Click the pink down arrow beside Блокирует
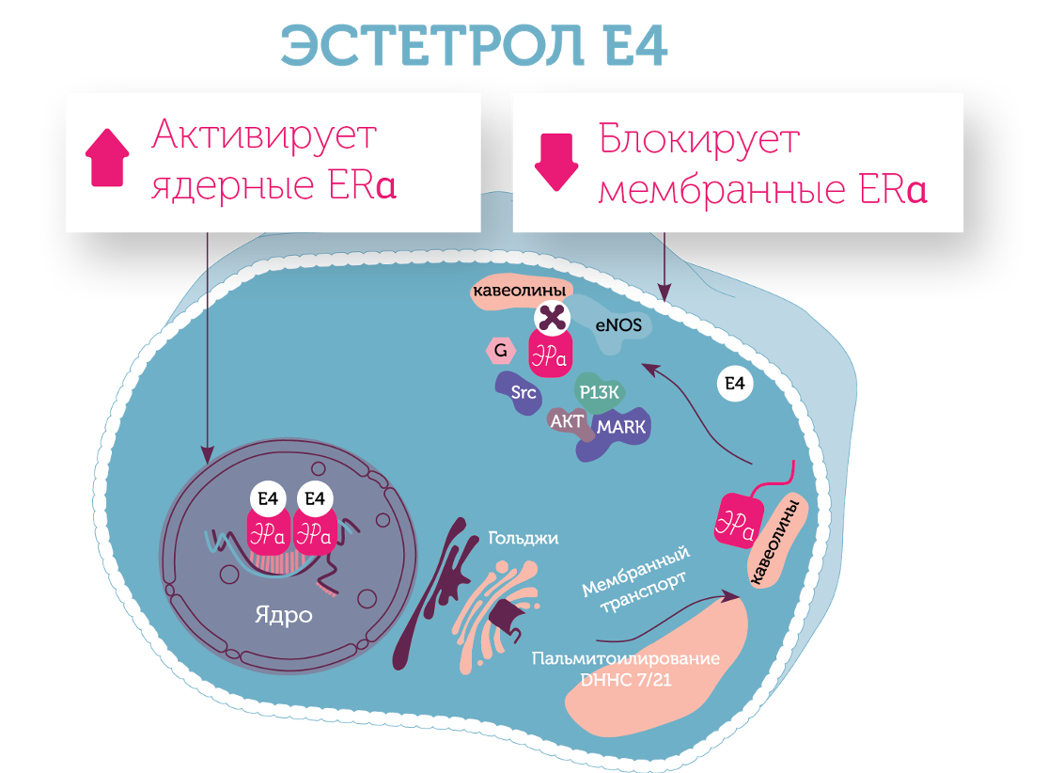pos(554,161)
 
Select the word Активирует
pos(264,136)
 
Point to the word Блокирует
pos(699,140)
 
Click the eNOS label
pos(618,326)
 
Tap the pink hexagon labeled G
pos(501,352)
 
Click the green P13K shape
pos(599,392)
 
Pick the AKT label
pos(567,422)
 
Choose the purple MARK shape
pos(620,428)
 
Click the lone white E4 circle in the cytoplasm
pos(734,384)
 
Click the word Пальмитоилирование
pos(625,658)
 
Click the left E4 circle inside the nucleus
pos(268,498)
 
